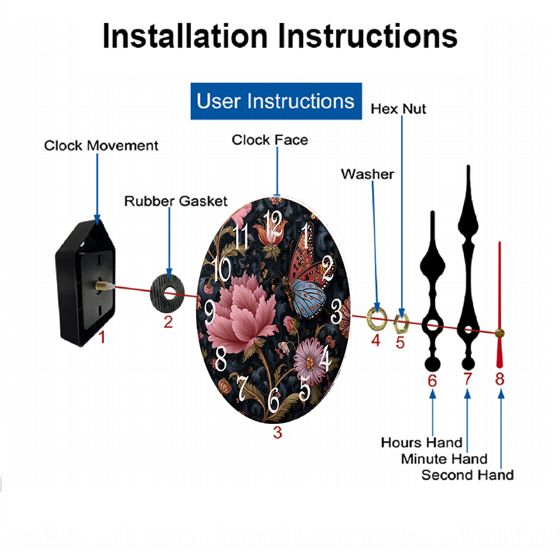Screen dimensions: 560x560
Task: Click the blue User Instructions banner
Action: [276, 101]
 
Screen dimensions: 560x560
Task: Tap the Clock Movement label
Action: [101, 146]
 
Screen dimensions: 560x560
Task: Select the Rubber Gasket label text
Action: [176, 200]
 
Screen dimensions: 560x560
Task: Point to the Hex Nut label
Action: [398, 109]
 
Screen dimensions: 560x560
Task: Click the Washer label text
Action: [367, 174]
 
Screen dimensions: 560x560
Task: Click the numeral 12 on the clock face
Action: [274, 224]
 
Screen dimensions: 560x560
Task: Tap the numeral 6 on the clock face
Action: [274, 399]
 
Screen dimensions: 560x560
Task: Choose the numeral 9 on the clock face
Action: [210, 312]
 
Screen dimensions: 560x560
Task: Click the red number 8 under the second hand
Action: [500, 380]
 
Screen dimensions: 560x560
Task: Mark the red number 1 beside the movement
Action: [102, 337]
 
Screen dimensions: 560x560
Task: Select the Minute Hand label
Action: [444, 459]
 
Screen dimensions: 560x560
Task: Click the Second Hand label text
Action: [468, 475]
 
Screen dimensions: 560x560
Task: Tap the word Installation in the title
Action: [185, 35]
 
